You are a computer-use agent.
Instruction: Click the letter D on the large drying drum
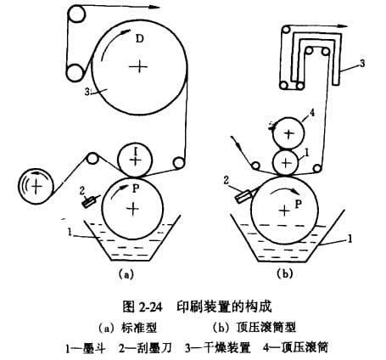tap(140, 38)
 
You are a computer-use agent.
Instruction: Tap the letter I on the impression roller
tap(136, 153)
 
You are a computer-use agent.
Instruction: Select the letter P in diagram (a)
tap(136, 188)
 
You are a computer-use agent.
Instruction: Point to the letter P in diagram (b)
tap(298, 204)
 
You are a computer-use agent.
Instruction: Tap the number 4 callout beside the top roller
tap(311, 113)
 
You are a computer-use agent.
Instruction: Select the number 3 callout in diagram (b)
tap(362, 63)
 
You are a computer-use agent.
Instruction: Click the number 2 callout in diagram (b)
tap(227, 180)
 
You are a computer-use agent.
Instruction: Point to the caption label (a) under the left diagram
tap(126, 273)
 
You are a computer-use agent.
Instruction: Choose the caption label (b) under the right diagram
tap(285, 273)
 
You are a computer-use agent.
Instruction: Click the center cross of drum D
tap(138, 67)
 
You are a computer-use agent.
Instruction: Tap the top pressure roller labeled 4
tap(289, 133)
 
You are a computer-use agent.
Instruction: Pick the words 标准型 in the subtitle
tap(139, 328)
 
